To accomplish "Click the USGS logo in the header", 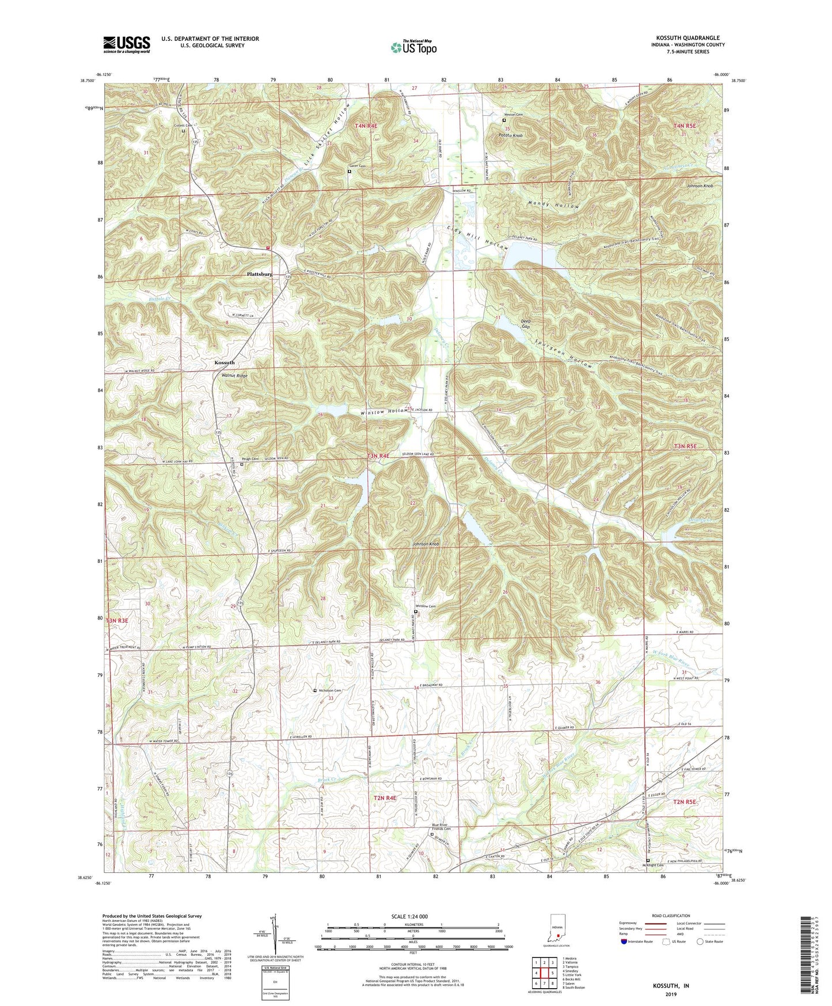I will click(x=127, y=44).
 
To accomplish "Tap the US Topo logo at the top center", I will click(x=413, y=47).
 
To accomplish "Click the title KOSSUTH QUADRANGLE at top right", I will click(x=687, y=38).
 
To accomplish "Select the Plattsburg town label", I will click(x=259, y=274).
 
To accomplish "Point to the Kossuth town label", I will click(x=225, y=362).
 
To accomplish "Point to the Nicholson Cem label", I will click(x=330, y=690).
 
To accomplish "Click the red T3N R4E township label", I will click(x=378, y=456).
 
